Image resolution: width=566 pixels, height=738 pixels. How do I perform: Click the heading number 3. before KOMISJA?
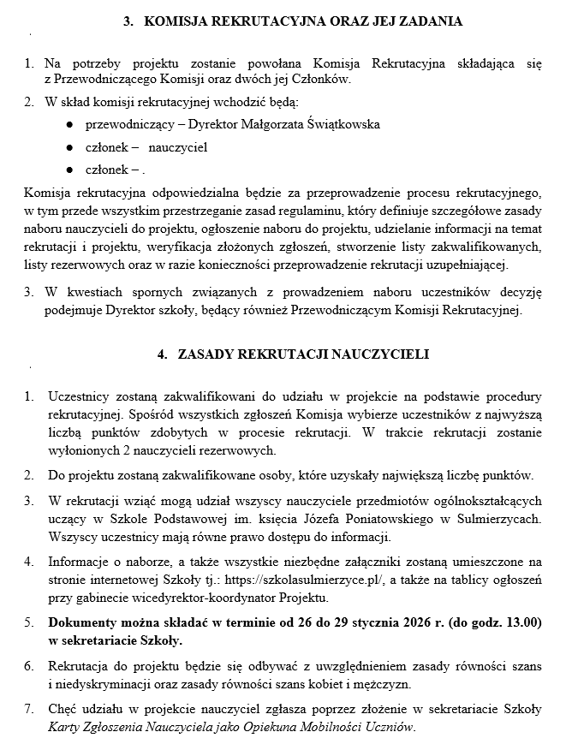(x=129, y=22)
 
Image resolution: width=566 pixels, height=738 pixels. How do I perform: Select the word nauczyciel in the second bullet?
(x=177, y=146)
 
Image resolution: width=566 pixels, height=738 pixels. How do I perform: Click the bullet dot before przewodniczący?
(x=68, y=124)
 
